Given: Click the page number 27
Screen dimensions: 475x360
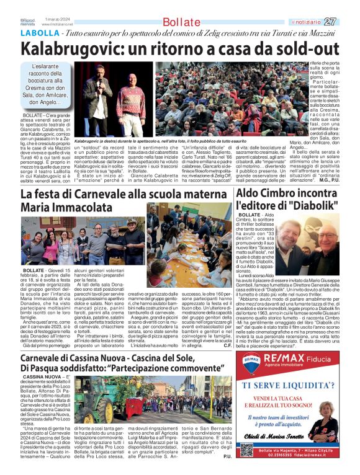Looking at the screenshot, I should pos(348,21).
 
